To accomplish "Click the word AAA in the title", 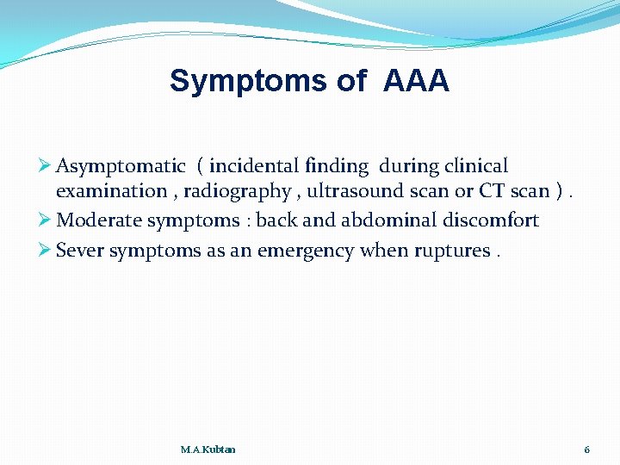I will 416,81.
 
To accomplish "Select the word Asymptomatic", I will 121,165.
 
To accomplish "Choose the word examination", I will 111,190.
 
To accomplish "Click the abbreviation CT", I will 493,190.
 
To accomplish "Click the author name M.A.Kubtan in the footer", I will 208,449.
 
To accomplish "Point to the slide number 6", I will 586,449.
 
